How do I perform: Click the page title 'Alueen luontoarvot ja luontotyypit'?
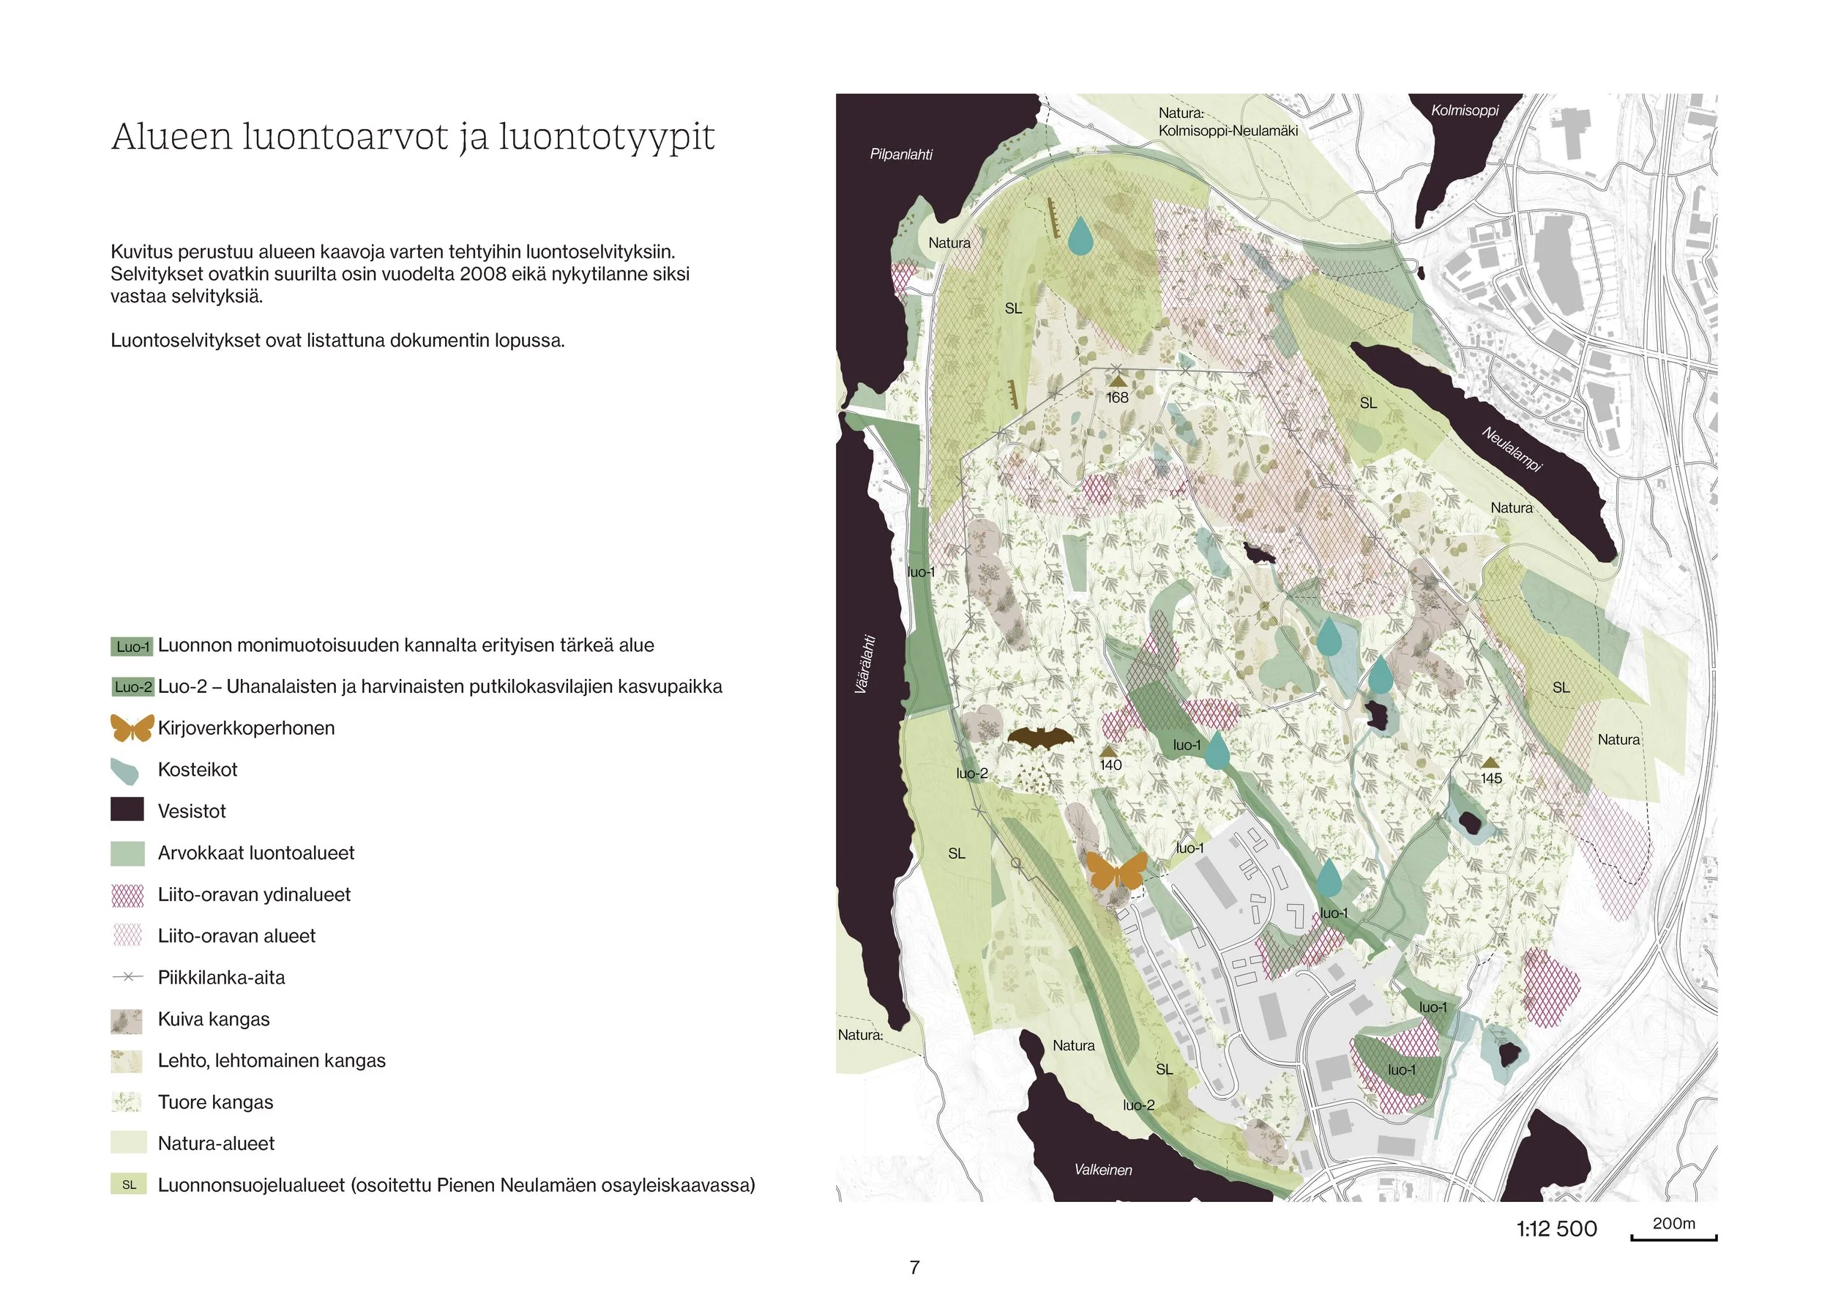pos(412,137)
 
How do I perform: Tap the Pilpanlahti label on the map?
pos(900,155)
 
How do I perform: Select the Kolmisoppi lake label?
pos(1464,111)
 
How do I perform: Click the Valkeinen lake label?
pos(1102,1170)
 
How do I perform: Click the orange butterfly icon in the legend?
pos(132,728)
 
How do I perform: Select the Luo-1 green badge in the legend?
pos(132,646)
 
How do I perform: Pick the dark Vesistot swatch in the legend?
pos(127,810)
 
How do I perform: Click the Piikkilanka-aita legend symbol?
pos(127,977)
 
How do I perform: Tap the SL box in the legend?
pos(128,1185)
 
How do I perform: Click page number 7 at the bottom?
pos(914,1267)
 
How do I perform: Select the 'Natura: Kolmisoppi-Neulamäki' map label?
pos(1228,122)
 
